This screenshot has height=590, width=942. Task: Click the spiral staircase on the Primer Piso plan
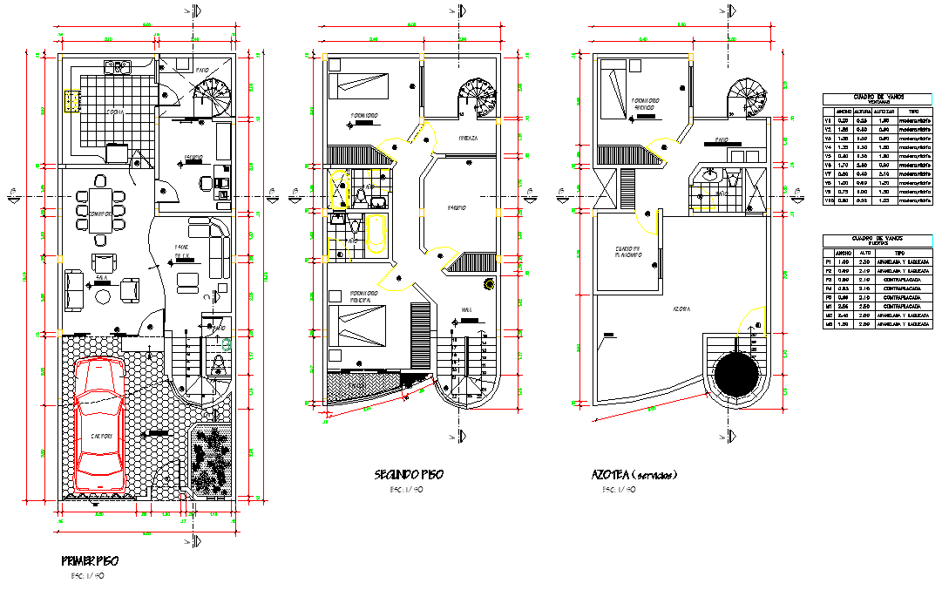click(213, 96)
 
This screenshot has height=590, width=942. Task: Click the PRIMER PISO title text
click(90, 559)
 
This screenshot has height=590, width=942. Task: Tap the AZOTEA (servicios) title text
click(634, 475)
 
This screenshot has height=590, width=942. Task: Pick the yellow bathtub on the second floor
click(375, 235)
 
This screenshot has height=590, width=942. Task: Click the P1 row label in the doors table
click(829, 261)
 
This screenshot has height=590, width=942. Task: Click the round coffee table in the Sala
click(103, 296)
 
